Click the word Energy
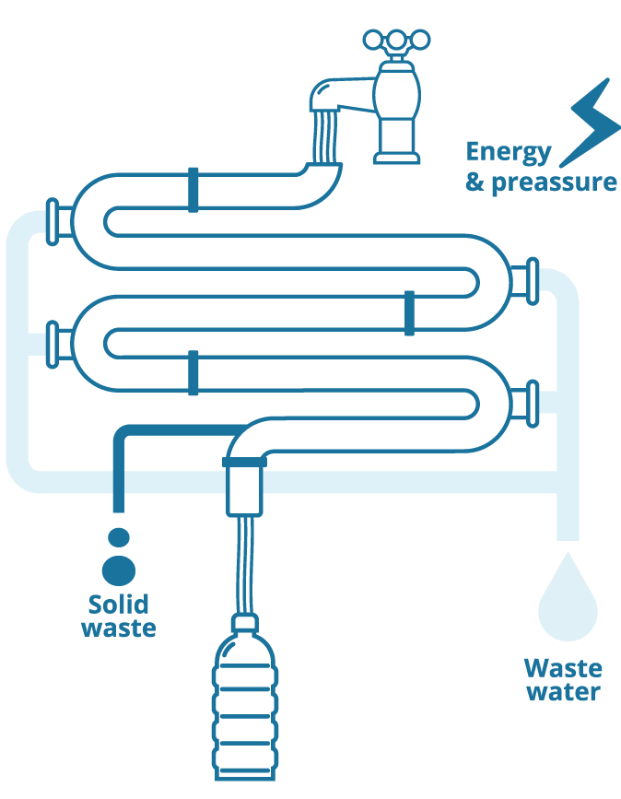pos(509,152)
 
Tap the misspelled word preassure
pos(554,182)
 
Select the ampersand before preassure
pos(475,181)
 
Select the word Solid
pos(118,605)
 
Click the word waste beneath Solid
pos(118,629)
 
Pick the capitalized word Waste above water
pos(563,668)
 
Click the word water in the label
pos(563,691)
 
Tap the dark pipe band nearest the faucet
pos(193,190)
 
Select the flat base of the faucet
pos(397,157)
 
